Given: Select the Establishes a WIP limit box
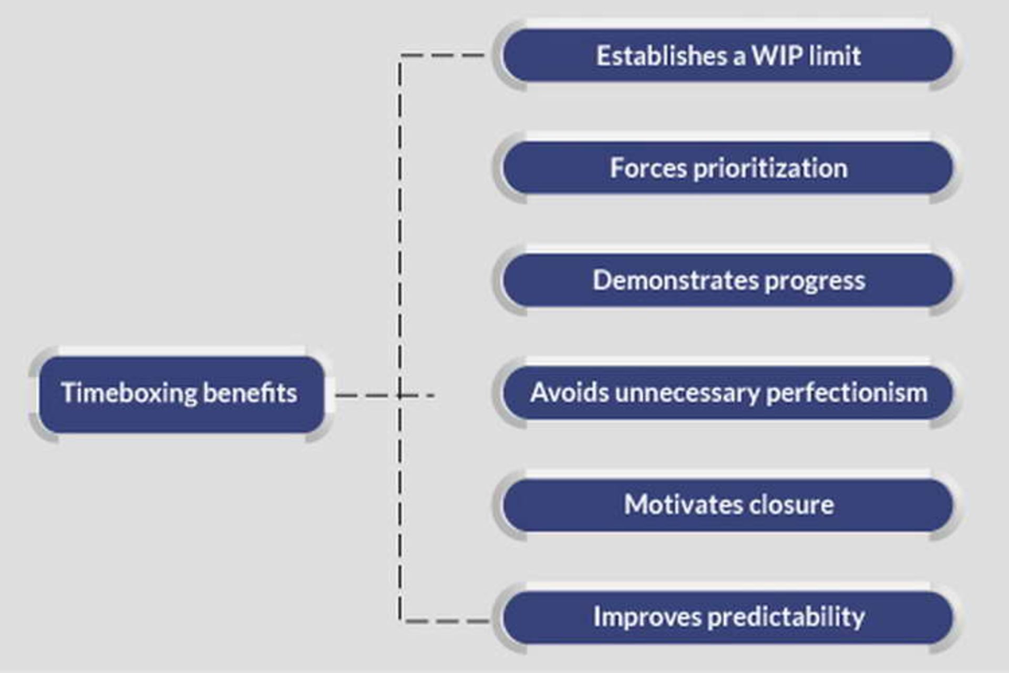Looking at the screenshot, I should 728,55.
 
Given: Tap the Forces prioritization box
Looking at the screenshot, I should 728,168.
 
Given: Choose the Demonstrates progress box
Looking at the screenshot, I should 728,280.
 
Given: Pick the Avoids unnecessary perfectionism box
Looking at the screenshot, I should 728,393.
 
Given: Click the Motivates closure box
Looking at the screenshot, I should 728,505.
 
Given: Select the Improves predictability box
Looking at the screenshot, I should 728,617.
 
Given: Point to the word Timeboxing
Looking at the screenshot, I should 129,393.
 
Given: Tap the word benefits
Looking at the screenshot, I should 250,393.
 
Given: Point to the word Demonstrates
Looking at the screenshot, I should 675,280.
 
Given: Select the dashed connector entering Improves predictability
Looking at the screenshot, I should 447,621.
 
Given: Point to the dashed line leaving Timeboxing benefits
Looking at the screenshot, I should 368,395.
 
